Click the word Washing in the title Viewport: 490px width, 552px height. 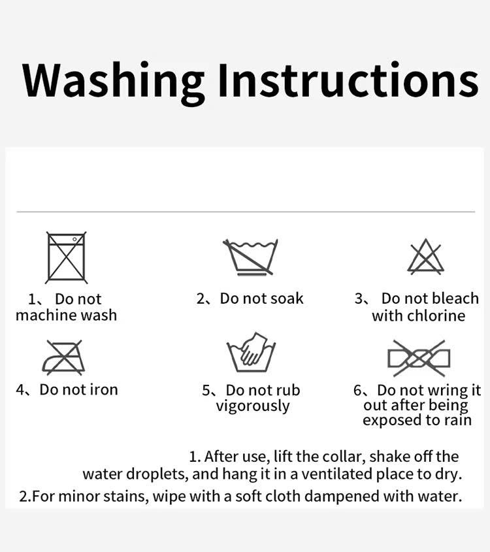[113, 83]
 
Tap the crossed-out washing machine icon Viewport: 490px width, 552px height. [66, 257]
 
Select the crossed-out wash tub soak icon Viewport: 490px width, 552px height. [250, 257]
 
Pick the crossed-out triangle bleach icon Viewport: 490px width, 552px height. [425, 256]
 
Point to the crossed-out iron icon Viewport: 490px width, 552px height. [64, 357]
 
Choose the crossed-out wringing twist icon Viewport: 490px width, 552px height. [419, 359]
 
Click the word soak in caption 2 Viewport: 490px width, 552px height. [287, 299]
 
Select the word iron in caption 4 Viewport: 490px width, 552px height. [104, 390]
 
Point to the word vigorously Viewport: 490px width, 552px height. [253, 406]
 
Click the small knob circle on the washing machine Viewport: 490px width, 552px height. [74, 239]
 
